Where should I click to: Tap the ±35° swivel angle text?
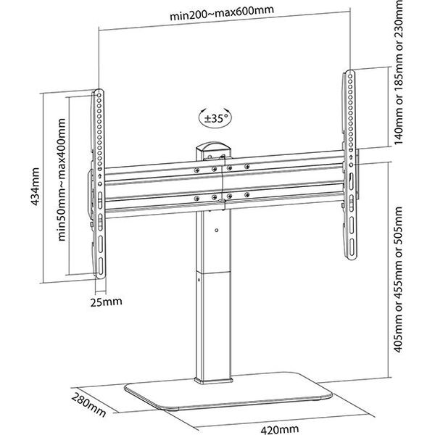click(x=213, y=116)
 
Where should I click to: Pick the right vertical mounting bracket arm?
click(x=351, y=163)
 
